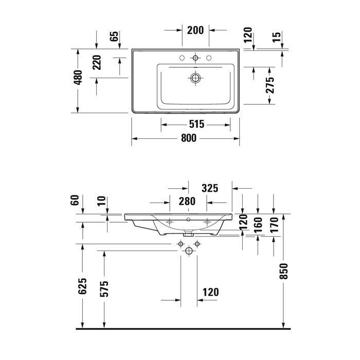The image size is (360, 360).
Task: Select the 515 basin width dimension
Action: click(196, 124)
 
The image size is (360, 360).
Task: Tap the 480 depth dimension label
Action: click(78, 77)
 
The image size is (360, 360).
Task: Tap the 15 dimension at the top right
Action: click(278, 37)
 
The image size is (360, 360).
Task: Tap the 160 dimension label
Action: click(258, 222)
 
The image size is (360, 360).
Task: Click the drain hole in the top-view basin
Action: click(195, 79)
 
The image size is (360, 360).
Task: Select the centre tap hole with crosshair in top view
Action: click(195, 58)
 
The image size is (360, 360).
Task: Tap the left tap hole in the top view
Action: click(182, 58)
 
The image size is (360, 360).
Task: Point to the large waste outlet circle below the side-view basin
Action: click(189, 250)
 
